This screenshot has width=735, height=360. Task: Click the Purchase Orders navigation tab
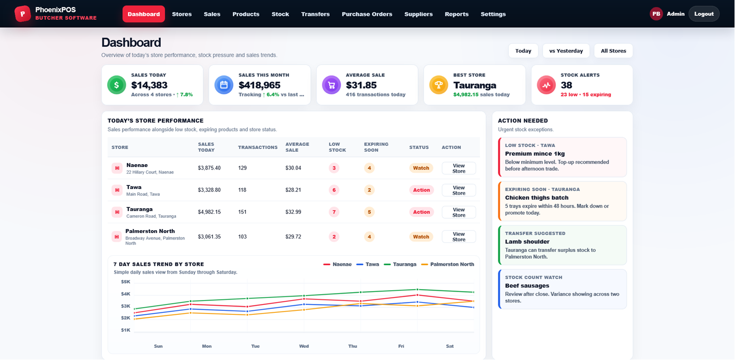[x=367, y=14]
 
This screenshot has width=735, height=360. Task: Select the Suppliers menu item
[x=419, y=14]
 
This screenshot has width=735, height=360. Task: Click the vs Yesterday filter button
[x=566, y=51]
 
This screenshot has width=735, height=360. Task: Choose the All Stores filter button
[x=613, y=51]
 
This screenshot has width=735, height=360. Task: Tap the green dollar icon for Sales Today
[x=117, y=85]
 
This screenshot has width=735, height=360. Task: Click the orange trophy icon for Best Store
[x=439, y=85]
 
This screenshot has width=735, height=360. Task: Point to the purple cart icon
[x=331, y=85]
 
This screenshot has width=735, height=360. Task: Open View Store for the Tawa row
[x=459, y=190]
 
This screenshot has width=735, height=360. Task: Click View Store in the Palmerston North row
[x=459, y=237]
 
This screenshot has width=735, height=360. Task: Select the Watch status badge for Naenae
[x=421, y=168]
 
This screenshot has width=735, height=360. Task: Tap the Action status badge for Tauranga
[x=422, y=212]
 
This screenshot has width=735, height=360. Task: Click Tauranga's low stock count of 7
[x=334, y=212]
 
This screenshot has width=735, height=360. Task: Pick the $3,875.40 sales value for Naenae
[x=209, y=168]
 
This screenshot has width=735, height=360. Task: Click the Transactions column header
[x=257, y=147]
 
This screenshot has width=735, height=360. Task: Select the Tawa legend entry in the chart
[x=367, y=264]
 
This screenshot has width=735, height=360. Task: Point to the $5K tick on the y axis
[x=125, y=282]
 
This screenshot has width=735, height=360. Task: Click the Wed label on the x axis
[x=304, y=346]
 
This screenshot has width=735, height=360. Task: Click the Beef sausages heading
[x=527, y=286]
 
